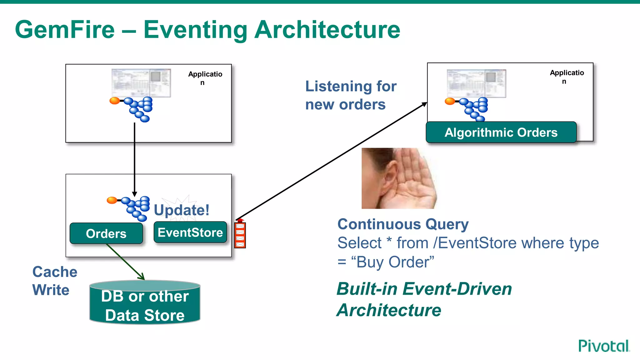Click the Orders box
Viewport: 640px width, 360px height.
[106, 233]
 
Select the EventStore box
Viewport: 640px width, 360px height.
[190, 232]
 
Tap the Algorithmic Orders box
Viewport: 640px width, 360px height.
[501, 132]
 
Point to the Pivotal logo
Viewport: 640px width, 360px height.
[604, 346]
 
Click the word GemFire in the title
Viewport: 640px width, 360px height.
[65, 30]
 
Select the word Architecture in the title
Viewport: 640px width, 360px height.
[327, 30]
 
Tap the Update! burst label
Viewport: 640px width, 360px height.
[182, 209]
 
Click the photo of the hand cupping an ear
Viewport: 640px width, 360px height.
[399, 178]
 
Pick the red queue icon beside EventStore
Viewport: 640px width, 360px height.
[240, 235]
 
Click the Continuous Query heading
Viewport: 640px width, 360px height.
[403, 224]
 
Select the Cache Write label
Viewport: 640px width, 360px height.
[55, 281]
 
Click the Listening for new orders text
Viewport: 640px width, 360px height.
[351, 95]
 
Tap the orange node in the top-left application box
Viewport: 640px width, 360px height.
[115, 101]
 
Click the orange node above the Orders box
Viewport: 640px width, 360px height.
[112, 200]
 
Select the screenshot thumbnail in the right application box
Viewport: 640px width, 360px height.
[476, 83]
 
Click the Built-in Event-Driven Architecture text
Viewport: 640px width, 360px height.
[424, 299]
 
